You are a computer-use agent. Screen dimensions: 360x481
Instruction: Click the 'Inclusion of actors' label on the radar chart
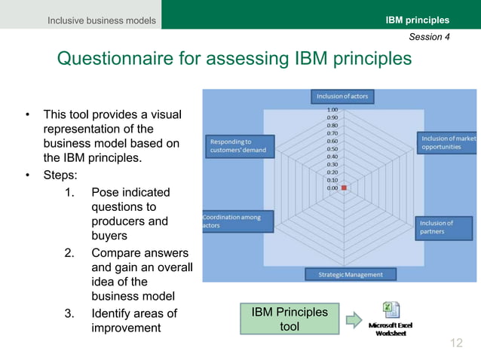(344, 96)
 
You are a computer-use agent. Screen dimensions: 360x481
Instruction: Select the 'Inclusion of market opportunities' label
(449, 142)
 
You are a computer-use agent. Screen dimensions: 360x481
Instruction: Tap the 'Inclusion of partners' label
(447, 227)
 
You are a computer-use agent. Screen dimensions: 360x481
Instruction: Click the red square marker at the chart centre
(344, 188)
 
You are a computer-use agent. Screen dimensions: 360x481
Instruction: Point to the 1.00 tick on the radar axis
(332, 110)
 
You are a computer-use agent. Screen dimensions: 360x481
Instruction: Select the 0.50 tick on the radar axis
(332, 149)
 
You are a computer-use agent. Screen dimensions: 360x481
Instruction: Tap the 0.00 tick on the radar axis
(332, 188)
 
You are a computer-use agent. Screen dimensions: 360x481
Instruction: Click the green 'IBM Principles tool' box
(290, 319)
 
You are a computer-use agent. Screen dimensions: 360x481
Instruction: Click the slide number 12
(455, 344)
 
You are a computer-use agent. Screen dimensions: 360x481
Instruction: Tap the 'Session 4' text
(429, 36)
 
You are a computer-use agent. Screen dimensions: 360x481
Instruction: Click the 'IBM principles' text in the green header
(417, 20)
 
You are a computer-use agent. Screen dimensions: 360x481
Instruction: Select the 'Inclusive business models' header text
(102, 20)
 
